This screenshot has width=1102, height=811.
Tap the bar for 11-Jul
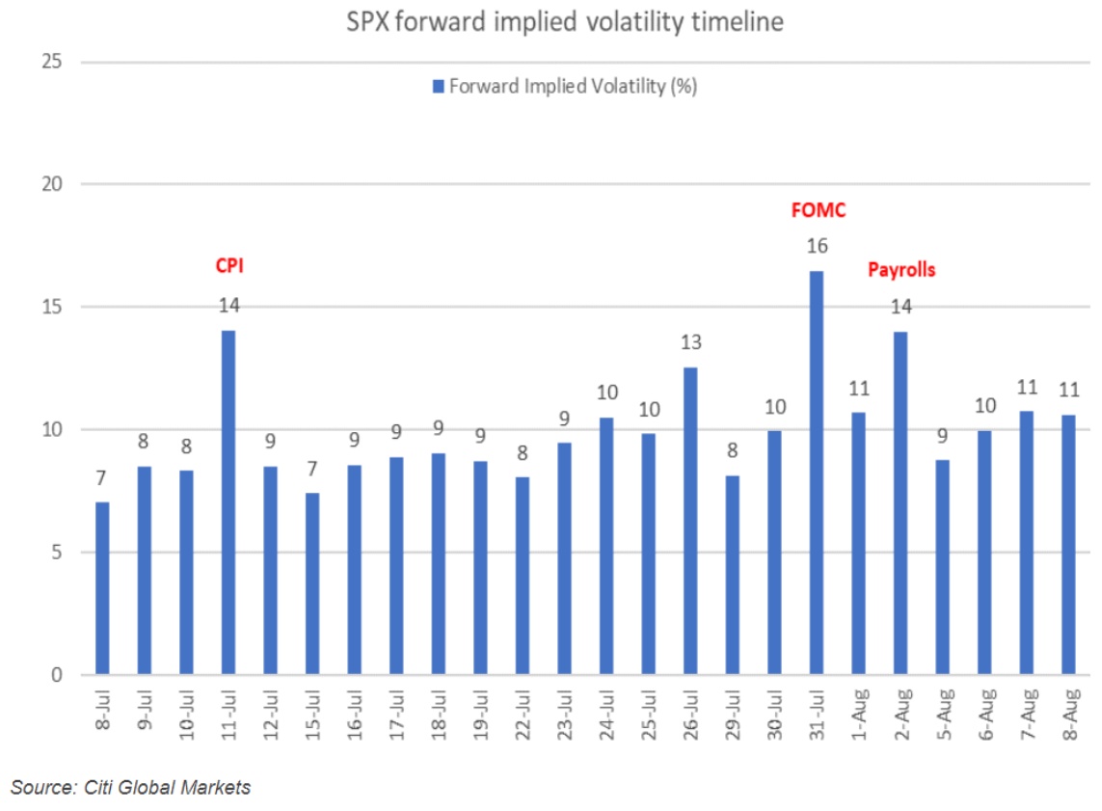click(228, 502)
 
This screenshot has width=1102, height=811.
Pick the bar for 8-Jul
click(102, 588)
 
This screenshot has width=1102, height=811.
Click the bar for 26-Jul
click(690, 521)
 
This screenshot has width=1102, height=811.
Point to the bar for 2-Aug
click(900, 502)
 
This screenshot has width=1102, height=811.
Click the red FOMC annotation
click(819, 209)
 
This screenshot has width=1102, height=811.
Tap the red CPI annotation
click(228, 265)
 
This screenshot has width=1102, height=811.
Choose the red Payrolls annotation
click(901, 270)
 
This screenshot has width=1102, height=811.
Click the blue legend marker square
click(439, 87)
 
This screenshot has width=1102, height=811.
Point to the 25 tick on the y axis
click(52, 62)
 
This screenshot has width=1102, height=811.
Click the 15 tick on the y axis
click(52, 308)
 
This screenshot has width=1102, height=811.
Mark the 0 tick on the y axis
click(57, 675)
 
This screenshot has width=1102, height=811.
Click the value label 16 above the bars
click(818, 246)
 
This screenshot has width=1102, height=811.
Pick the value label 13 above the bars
click(691, 342)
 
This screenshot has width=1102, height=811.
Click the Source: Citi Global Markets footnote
click(131, 787)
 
